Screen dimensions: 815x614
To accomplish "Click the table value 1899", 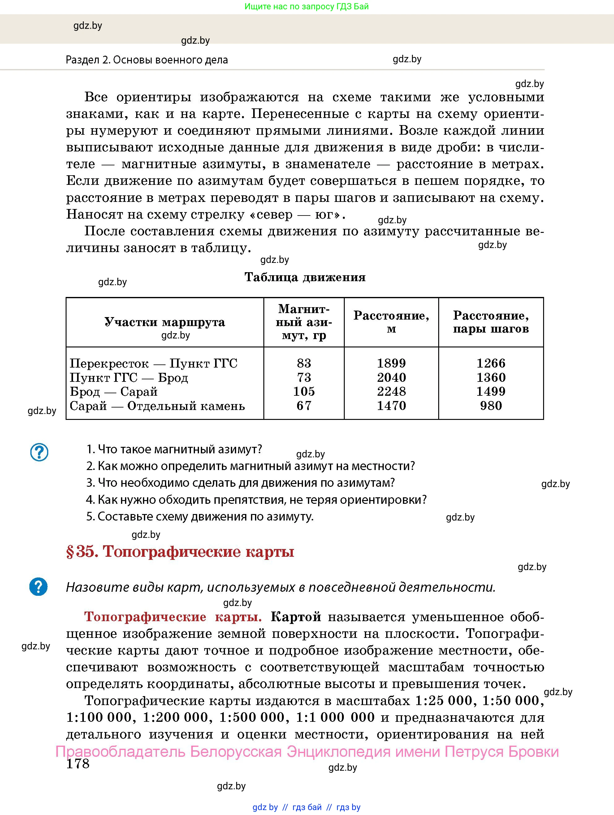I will tap(391, 363).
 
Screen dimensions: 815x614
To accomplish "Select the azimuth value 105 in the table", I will tap(304, 391).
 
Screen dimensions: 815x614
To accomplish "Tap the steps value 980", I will tap(491, 406).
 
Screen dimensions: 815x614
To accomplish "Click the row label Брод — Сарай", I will tap(114, 391).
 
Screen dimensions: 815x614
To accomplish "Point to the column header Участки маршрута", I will tap(165, 322).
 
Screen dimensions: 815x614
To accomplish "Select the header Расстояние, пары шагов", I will tap(491, 322).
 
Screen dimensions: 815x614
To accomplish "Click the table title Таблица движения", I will tap(305, 277).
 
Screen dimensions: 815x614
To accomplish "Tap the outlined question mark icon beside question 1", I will tap(39, 452).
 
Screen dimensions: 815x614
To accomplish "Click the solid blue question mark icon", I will tap(38, 586).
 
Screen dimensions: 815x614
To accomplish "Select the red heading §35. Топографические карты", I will tap(180, 551).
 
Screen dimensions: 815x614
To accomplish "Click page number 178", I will tap(78, 763).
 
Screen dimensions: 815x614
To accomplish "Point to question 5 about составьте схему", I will tap(200, 516).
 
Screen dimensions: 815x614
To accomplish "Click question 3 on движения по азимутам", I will tap(240, 483).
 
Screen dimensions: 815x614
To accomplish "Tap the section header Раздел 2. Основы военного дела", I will tap(147, 60).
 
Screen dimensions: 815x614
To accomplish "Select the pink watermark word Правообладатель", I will tap(120, 751).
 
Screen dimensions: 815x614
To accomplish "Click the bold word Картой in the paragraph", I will tap(296, 617).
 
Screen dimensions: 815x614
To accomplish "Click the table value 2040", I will tap(391, 377).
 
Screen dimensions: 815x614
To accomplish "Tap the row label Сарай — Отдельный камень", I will tap(157, 406).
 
